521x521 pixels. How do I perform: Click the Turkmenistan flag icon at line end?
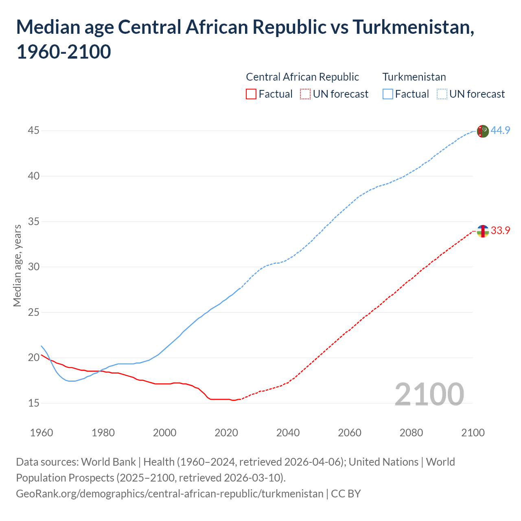pos(482,131)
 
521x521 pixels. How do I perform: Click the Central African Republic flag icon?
pos(482,231)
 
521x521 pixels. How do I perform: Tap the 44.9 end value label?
pos(500,130)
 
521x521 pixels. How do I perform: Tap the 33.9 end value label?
pos(500,230)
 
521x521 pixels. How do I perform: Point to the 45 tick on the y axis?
pos(33,131)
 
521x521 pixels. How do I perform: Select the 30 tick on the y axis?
pos(33,267)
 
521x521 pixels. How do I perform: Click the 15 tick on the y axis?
pos(33,403)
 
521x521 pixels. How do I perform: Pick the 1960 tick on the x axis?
pos(42,432)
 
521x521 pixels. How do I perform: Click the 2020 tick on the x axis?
pos(226,432)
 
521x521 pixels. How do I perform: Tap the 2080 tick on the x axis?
pos(411,432)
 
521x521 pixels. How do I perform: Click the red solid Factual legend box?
pos(251,94)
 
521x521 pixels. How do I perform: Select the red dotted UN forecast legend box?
pos(305,94)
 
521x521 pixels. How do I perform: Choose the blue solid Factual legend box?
pos(387,94)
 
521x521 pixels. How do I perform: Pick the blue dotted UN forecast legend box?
pos(442,94)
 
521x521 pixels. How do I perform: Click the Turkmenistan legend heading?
pos(414,77)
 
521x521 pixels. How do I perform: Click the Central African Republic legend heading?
pos(302,77)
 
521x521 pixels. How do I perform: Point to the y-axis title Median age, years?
pos(17,265)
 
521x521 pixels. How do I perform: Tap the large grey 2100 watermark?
pos(429,394)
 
